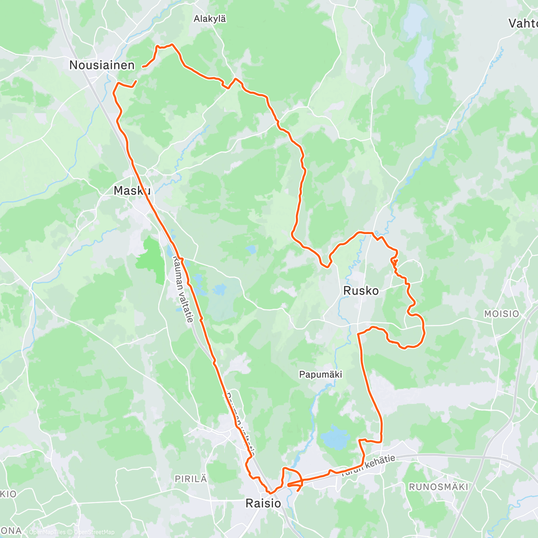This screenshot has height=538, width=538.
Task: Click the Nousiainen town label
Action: coord(102,65)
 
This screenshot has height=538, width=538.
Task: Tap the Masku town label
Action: coord(131,191)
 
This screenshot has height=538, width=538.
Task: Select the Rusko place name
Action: coord(361,291)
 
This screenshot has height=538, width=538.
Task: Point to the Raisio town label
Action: coord(264,503)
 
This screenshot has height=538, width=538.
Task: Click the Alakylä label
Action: coord(210,19)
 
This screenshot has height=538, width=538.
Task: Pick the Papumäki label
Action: coord(321,375)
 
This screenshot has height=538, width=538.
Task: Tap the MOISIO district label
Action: coord(501,314)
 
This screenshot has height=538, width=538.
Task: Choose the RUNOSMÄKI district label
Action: coord(438,487)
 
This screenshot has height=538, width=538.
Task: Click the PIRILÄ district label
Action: coord(191,479)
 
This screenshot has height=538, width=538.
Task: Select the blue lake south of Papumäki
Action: coord(335,437)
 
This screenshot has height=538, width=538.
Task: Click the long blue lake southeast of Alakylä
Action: coord(419,54)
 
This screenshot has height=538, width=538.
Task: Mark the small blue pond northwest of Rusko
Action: coord(251,249)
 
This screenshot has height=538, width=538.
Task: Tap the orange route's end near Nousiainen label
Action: coord(143,67)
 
